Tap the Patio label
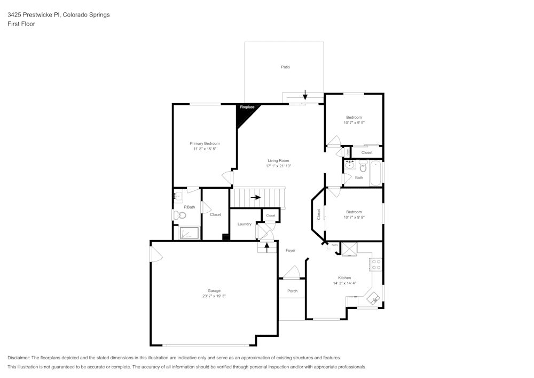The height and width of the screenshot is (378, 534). [x=286, y=67]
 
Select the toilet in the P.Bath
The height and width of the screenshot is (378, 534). [x=179, y=215]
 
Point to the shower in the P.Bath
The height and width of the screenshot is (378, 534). [x=190, y=233]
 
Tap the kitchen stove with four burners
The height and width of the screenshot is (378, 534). [x=376, y=264]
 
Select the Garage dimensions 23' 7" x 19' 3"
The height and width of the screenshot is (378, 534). [x=211, y=296]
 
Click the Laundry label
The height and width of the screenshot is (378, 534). [x=245, y=224]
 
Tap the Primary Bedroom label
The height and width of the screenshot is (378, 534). [x=205, y=143]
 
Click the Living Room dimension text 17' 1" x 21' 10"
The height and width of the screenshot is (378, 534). [x=278, y=166]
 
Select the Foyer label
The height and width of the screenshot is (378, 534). [x=290, y=250]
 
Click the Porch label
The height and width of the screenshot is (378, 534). [x=292, y=291]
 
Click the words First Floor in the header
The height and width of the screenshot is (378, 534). [x=21, y=24]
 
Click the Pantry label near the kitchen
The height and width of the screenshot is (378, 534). [x=335, y=245]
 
